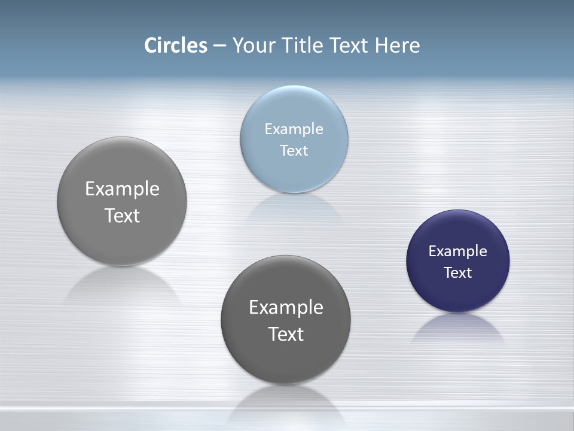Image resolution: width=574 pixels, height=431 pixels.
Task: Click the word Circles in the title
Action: (175, 45)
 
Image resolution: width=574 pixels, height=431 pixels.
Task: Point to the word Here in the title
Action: (397, 45)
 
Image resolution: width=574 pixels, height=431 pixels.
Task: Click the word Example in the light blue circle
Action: (294, 129)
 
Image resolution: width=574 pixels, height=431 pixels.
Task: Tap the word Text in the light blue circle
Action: (294, 151)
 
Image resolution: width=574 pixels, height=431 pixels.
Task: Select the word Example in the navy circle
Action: (457, 251)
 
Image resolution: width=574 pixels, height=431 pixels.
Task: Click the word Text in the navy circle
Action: (457, 273)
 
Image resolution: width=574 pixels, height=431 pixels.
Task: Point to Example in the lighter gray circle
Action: (122, 189)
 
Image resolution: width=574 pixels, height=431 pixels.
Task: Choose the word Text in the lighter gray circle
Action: (122, 215)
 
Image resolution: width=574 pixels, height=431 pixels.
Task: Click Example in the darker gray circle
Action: (286, 308)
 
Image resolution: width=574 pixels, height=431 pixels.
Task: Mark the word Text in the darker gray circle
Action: (286, 334)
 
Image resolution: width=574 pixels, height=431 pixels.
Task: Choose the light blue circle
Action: (294, 174)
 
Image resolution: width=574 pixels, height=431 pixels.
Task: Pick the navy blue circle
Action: (457, 293)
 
